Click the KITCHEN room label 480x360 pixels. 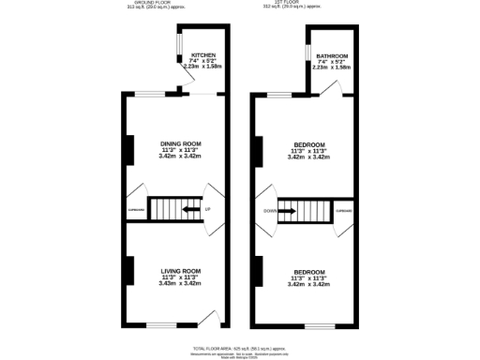click(x=204, y=55)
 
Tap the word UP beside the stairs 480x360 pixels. click(x=207, y=208)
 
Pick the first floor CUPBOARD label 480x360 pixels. click(x=344, y=212)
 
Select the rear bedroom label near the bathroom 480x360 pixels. click(x=307, y=144)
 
